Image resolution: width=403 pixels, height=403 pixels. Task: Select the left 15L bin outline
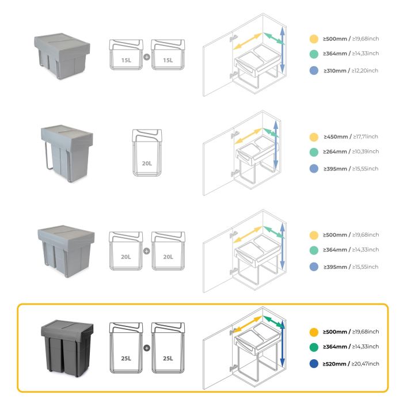(x=126, y=55)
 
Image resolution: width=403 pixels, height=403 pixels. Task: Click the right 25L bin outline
(x=168, y=349)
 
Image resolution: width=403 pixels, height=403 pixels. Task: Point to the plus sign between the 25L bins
(x=146, y=348)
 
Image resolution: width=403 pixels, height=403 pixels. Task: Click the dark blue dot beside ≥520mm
(x=314, y=364)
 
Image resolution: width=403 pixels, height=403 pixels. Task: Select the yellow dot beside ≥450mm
(x=314, y=137)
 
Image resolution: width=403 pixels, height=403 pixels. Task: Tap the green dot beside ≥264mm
(x=314, y=151)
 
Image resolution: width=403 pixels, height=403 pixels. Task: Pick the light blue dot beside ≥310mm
(x=314, y=71)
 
